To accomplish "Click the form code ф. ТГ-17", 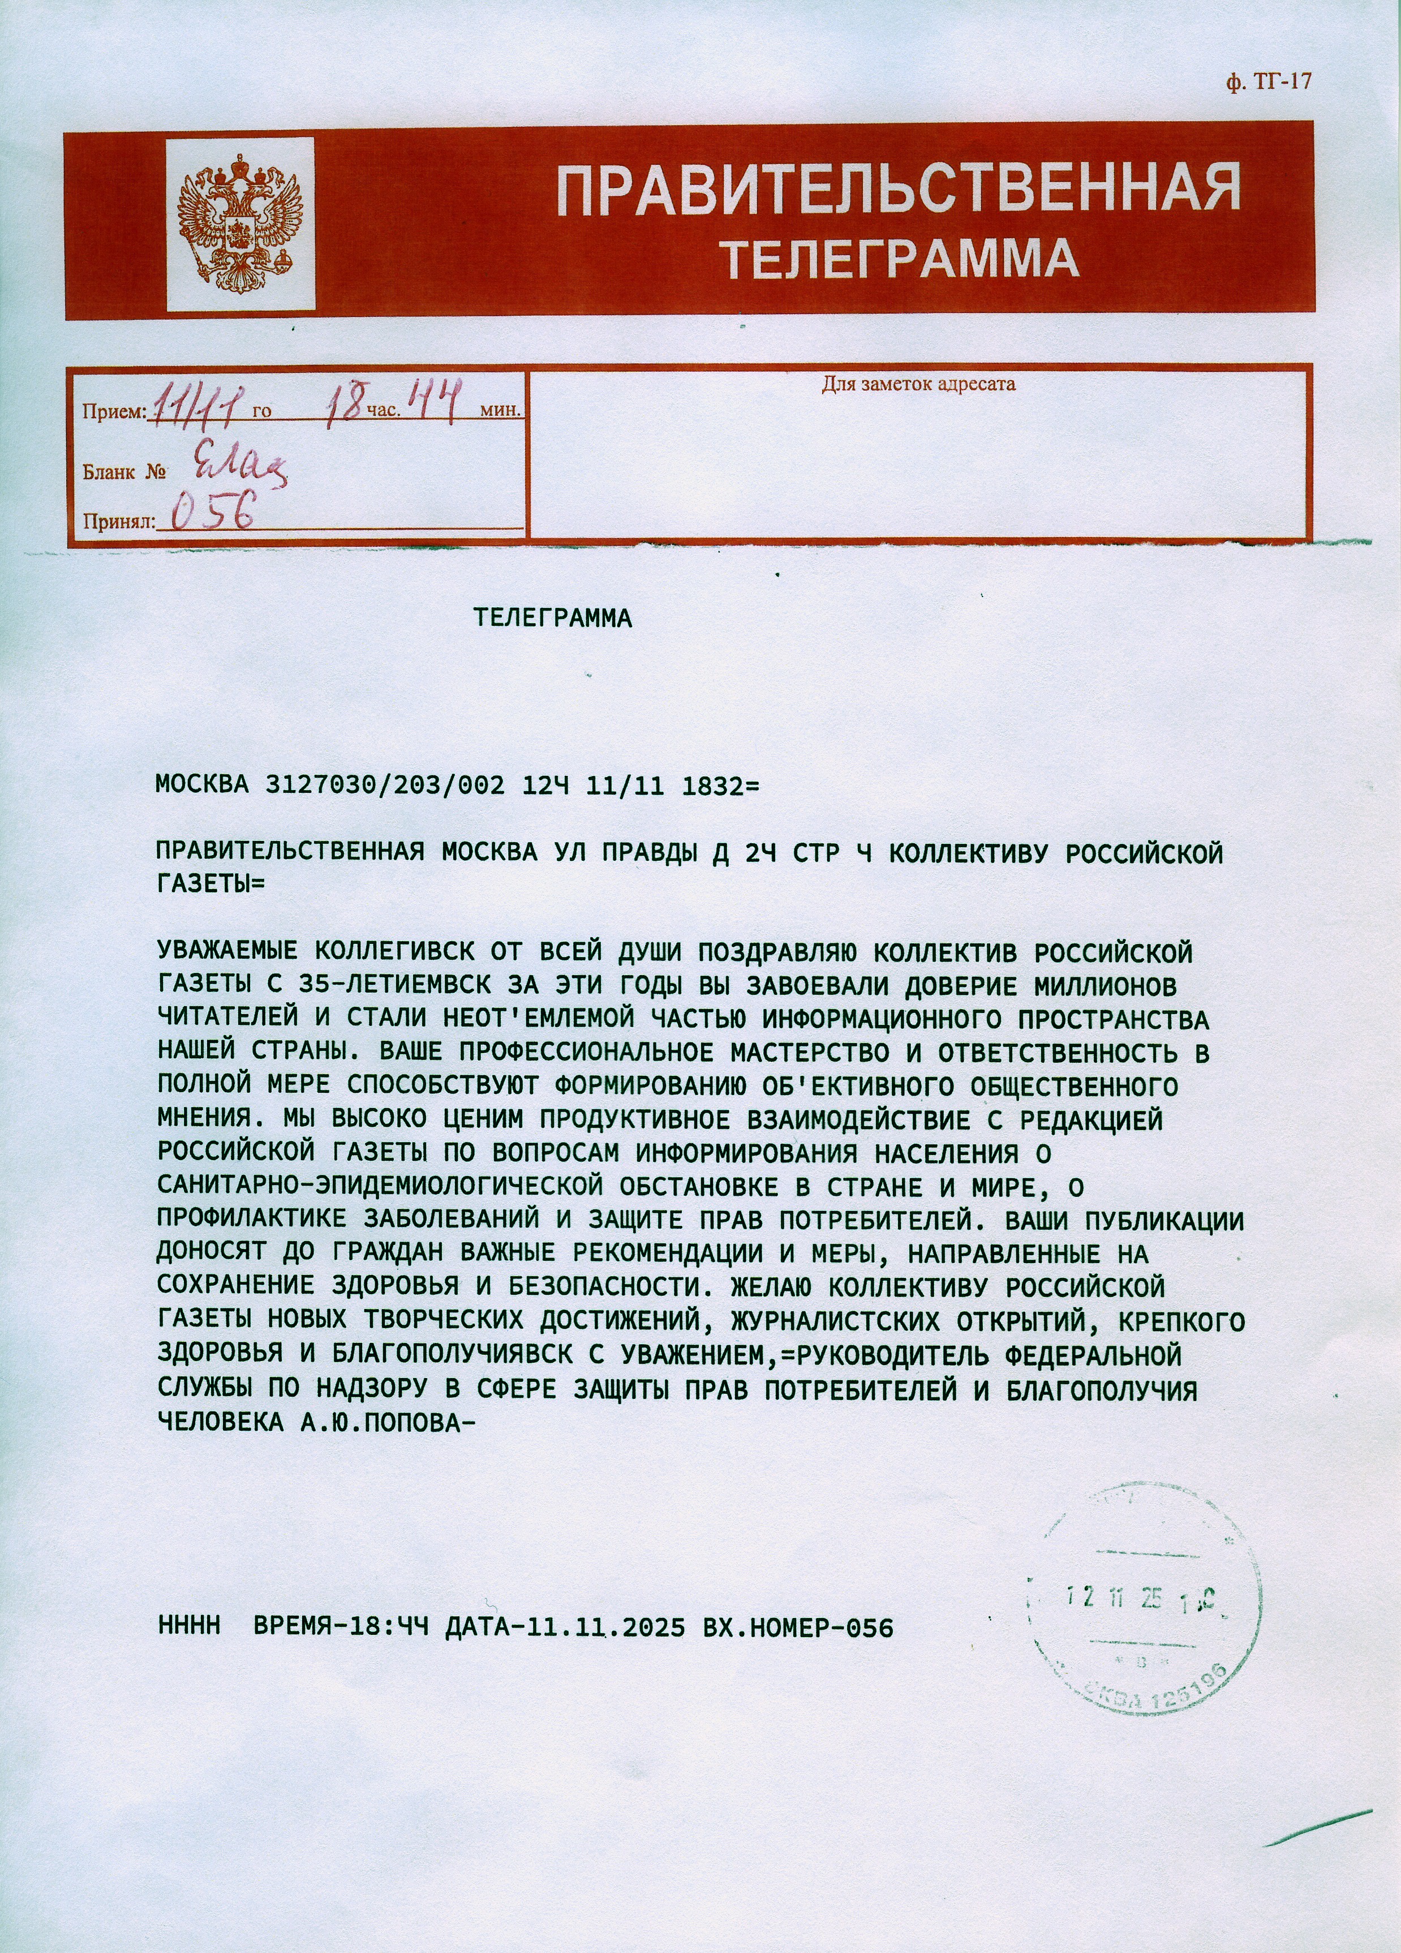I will [x=1267, y=82].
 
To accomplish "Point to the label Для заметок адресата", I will [x=918, y=384].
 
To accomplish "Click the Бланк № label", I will [x=124, y=472].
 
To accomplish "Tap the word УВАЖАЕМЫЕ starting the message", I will [x=227, y=952].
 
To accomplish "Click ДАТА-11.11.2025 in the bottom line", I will [x=565, y=1626].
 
